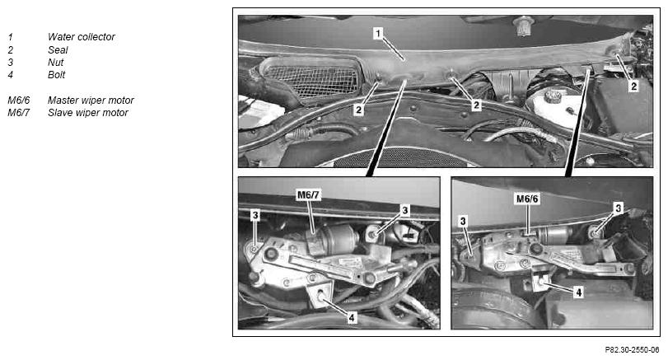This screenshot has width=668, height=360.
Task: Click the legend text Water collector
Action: (x=81, y=37)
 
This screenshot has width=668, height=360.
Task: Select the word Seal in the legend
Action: (x=58, y=50)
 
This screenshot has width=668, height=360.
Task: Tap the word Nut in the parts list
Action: (x=55, y=63)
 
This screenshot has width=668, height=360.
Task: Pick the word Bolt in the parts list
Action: (x=56, y=75)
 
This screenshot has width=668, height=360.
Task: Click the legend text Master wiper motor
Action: (x=91, y=101)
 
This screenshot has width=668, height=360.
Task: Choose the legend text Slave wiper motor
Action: (x=88, y=113)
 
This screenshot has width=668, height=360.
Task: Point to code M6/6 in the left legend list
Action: (x=19, y=101)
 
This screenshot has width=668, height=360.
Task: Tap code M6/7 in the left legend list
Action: (x=19, y=113)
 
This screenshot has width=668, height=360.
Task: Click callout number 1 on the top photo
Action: (x=378, y=33)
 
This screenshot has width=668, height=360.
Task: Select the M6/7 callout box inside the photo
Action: (x=308, y=194)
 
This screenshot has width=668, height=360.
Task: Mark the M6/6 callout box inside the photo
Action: (x=527, y=199)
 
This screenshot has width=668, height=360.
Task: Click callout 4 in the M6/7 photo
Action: (x=352, y=317)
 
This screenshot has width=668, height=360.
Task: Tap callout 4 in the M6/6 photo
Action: (x=578, y=292)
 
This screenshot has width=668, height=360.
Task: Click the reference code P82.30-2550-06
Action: (x=632, y=350)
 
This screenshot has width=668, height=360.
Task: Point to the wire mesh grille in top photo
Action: (x=311, y=80)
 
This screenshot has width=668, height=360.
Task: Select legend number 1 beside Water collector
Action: (x=10, y=37)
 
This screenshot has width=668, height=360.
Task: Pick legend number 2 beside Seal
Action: (x=10, y=50)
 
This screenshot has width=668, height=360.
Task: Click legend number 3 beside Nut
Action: (x=10, y=63)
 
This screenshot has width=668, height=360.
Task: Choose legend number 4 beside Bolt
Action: (x=10, y=75)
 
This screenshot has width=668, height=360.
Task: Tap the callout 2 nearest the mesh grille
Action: (x=358, y=110)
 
